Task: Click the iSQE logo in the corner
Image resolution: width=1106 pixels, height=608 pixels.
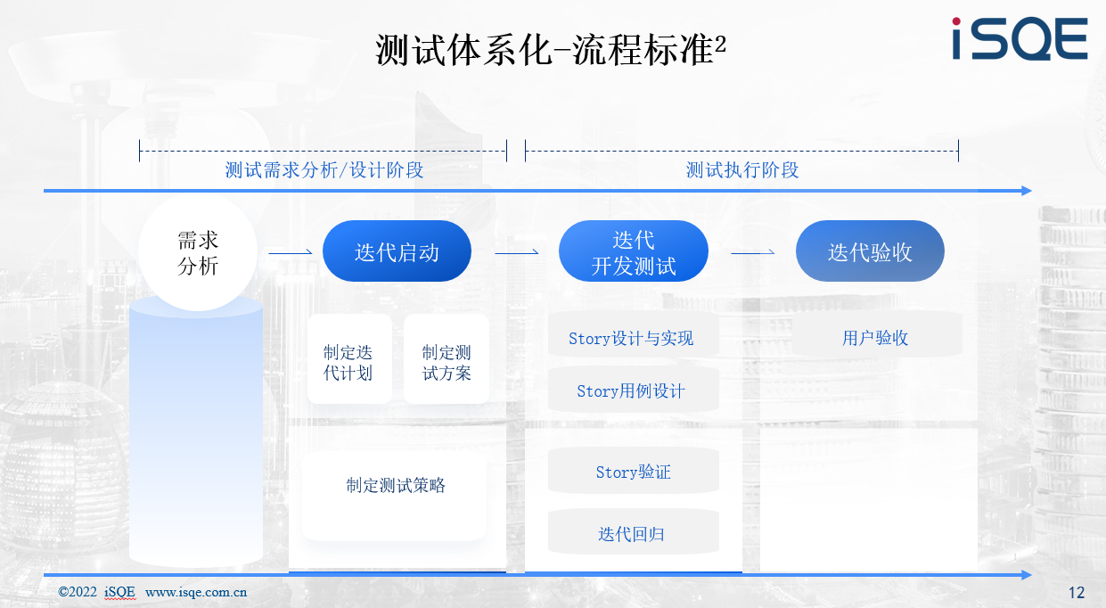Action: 1020,38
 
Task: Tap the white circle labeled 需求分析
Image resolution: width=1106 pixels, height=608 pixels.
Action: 198,252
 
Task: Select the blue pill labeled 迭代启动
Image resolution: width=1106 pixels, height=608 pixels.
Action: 397,251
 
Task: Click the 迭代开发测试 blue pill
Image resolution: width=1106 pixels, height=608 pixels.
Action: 634,251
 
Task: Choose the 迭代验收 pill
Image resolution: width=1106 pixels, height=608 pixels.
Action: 870,251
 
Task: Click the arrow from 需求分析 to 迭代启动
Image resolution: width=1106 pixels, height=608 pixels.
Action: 291,252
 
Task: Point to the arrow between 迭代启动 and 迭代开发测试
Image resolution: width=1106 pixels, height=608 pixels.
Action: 517,252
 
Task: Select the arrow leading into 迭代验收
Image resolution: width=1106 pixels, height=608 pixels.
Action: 753,252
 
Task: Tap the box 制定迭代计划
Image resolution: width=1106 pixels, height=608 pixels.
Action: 349,359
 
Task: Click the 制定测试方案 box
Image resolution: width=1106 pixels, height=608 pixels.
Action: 446,359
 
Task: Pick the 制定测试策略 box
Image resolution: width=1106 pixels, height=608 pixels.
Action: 395,496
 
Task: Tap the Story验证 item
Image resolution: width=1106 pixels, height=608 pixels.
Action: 634,471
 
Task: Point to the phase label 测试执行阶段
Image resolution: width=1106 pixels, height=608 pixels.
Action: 742,170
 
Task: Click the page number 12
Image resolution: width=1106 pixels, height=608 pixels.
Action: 1077,592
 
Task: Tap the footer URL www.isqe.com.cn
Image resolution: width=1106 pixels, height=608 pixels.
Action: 196,592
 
